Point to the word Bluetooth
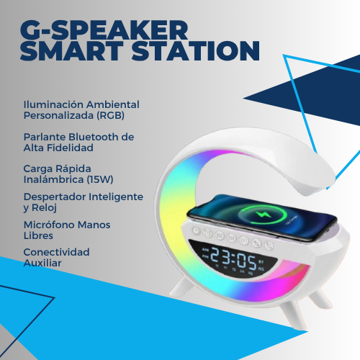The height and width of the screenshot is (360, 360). [96, 136]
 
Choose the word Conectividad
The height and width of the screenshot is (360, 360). [56, 252]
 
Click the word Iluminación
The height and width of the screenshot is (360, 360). [52, 104]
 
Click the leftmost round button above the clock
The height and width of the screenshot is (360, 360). [205, 233]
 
